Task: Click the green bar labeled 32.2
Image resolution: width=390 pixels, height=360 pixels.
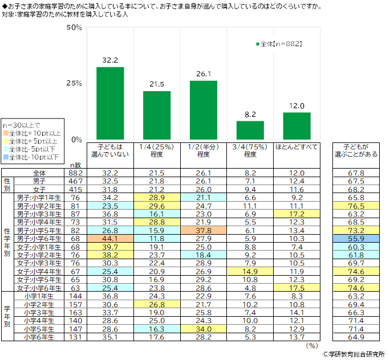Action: (110, 103)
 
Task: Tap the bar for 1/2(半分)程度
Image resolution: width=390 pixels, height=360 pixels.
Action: (204, 110)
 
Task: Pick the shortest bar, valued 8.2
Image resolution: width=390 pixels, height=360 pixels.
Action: (250, 130)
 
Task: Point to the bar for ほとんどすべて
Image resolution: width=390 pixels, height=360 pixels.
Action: (296, 126)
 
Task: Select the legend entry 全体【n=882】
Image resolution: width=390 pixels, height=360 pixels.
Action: (278, 43)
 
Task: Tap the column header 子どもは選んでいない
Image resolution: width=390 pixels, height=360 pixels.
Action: (110, 150)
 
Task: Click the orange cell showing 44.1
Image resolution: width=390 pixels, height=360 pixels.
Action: (110, 239)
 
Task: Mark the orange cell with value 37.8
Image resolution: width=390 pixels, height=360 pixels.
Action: (204, 231)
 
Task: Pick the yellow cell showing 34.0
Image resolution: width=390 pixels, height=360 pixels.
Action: (204, 329)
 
